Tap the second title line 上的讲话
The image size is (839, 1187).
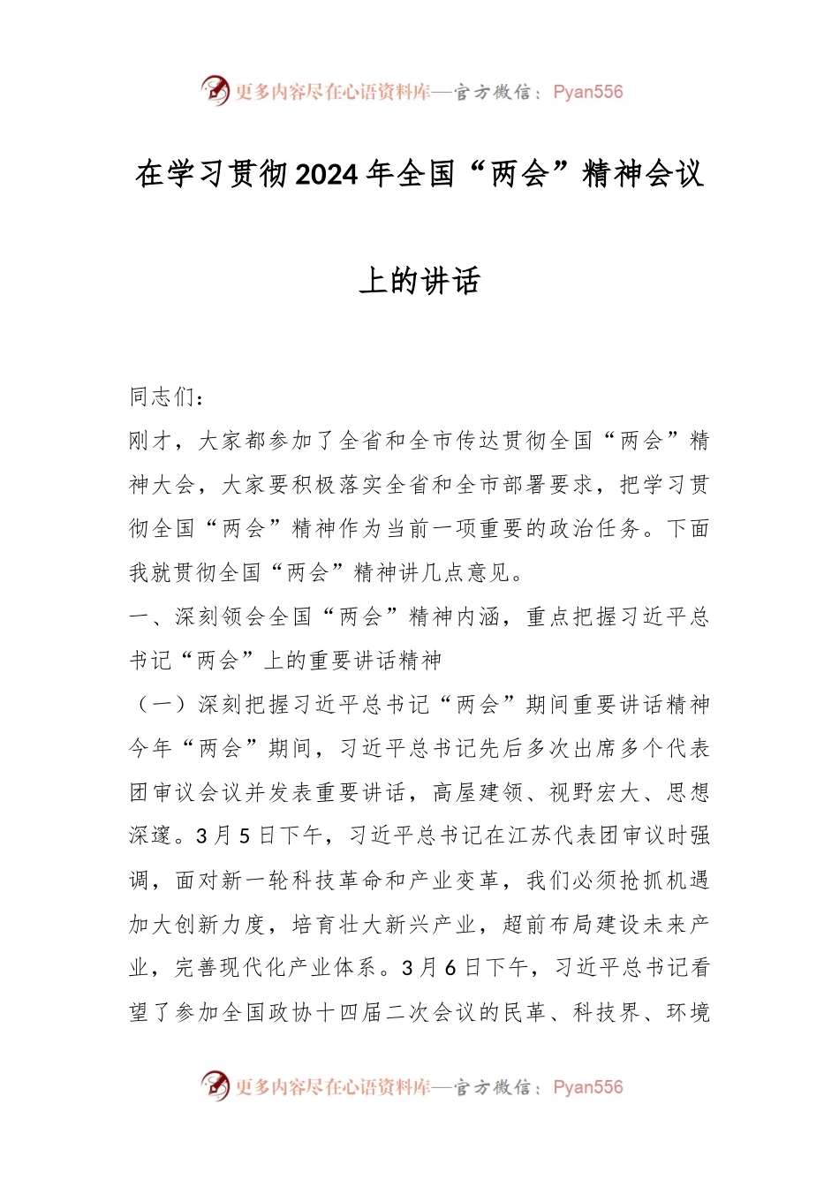tap(419, 282)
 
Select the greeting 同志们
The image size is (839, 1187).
tap(163, 397)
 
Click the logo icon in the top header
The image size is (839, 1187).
tap(215, 90)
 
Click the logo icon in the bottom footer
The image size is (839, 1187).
tap(215, 1085)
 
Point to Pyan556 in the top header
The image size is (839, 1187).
tap(587, 92)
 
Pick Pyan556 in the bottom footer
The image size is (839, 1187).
tap(587, 1087)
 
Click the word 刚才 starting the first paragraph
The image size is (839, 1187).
tap(152, 441)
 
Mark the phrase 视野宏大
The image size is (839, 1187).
tap(595, 792)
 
